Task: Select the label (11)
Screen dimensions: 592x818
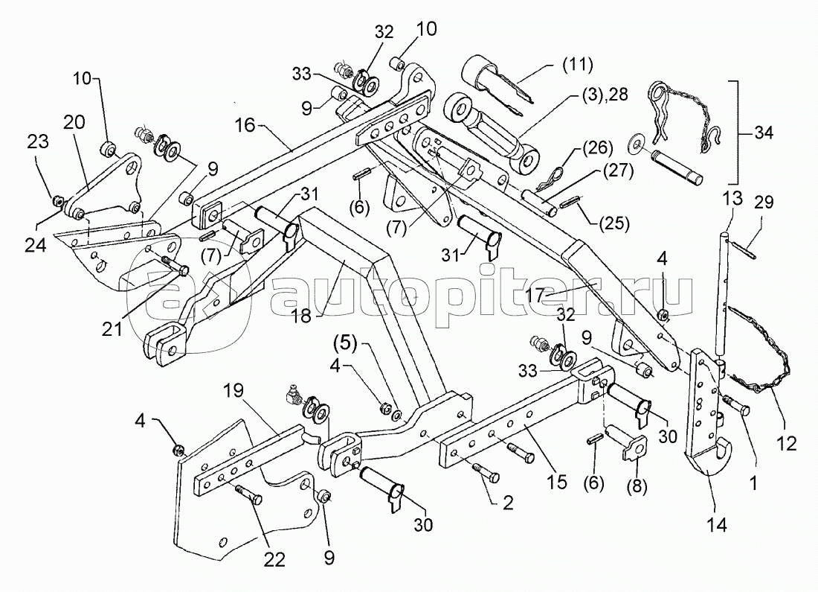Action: (578, 65)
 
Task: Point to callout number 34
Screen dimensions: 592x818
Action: (762, 133)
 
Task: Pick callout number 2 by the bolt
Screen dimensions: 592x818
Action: (507, 504)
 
